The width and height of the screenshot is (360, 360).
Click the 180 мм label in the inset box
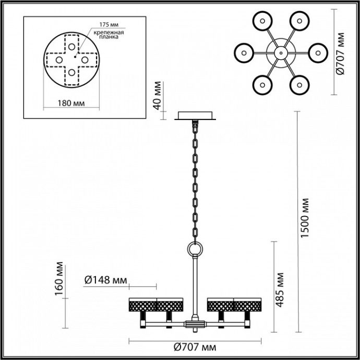(71, 103)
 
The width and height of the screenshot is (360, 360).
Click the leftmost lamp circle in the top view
(244, 52)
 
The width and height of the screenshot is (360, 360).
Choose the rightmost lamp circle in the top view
(317, 52)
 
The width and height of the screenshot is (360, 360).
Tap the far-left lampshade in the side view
(142, 304)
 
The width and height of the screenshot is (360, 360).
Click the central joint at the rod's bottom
(194, 325)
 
